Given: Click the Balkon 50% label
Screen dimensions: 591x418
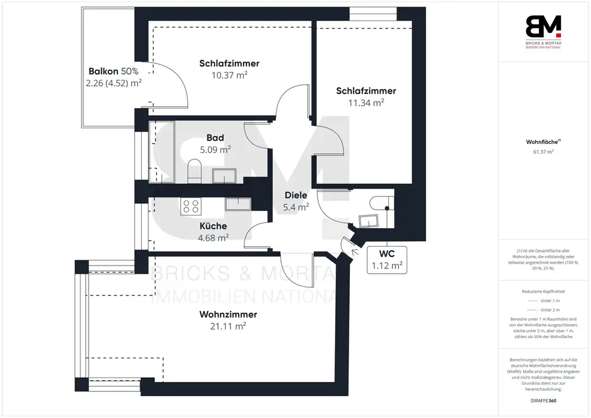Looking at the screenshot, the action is point(113,71).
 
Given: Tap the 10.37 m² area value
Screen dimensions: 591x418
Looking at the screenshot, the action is point(229,75).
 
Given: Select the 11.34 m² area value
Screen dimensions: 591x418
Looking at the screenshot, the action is point(366,102).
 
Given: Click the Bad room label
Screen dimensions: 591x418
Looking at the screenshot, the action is point(215,138).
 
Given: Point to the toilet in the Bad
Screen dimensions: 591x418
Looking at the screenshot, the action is point(194,171).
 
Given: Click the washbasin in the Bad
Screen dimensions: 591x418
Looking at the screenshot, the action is point(224,176).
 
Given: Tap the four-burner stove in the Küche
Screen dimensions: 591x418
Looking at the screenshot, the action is point(191,206).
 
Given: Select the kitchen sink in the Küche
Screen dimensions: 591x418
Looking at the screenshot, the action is point(238,205).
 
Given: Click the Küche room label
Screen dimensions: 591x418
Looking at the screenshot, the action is point(213,226).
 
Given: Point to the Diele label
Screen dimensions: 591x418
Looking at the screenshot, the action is point(296,195).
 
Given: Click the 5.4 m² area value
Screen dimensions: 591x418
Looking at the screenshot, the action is point(296,207).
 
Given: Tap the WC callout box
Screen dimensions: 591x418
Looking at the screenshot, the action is point(387,260).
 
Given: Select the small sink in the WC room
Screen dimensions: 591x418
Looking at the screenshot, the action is point(369,221).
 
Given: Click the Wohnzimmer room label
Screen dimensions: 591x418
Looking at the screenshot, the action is point(228,315).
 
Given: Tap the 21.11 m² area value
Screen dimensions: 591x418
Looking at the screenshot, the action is point(228,326).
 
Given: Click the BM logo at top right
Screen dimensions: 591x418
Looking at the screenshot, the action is point(544,32).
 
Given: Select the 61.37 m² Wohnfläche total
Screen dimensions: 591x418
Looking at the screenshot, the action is point(543,152).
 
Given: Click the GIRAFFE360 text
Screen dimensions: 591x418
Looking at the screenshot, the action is point(543,401).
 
